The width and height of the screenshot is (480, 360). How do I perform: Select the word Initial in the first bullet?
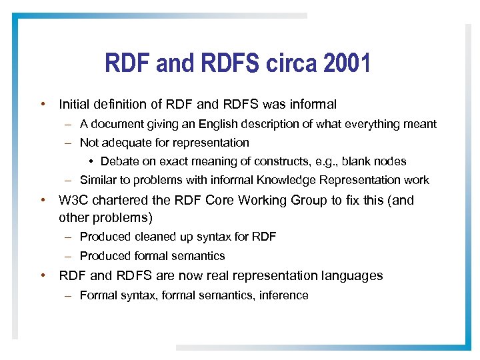pos(75,104)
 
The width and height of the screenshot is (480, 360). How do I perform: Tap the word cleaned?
pos(146,237)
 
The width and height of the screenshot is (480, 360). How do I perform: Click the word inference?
pos(283,295)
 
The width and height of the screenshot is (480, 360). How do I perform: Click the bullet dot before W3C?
pos(43,200)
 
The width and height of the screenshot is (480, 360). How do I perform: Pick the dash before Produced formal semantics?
pos(69,256)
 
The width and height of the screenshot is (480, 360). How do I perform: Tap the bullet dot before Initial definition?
pos(43,104)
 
